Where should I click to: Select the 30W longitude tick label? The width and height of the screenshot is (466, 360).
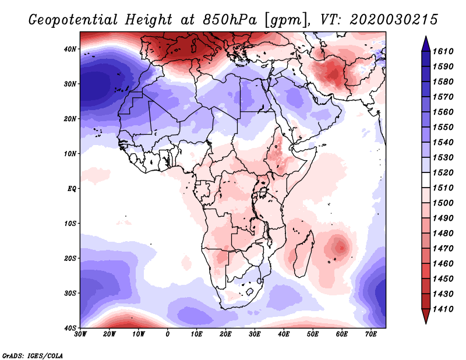click(80, 334)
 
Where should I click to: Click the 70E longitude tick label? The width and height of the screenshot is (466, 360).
click(370, 334)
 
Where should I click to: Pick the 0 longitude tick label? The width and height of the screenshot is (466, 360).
click(168, 334)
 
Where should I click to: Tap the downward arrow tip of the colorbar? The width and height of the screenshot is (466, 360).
click(426, 321)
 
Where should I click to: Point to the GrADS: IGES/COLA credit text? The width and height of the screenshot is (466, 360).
click(33, 355)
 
